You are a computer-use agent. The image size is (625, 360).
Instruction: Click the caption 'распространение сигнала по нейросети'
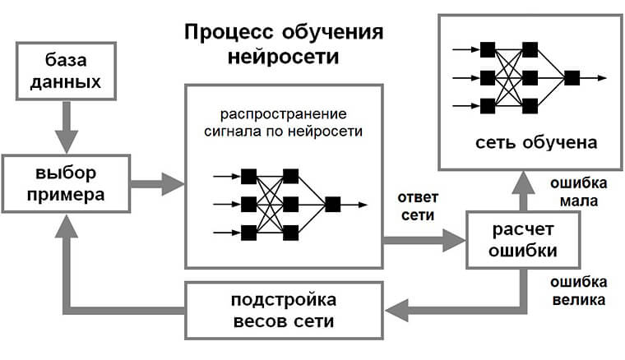[x=284, y=121]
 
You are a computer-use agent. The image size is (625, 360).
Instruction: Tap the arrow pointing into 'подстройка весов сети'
[x=411, y=308]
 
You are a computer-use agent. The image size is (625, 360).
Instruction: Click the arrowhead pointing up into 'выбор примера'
[x=69, y=226]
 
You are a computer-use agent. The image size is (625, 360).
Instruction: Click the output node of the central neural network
[x=332, y=205]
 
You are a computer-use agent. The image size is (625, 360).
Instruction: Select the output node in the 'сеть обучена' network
[x=572, y=77]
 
